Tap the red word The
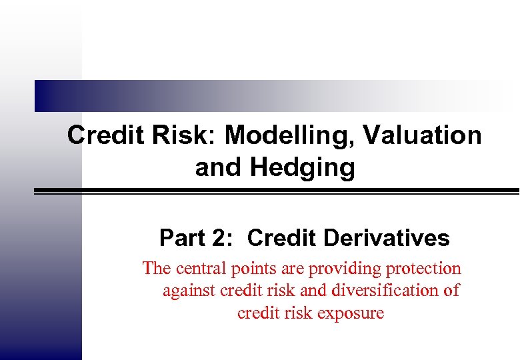(x=157, y=269)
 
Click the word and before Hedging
(x=219, y=167)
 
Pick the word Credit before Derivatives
(x=283, y=238)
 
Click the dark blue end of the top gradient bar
(x=43, y=96)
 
